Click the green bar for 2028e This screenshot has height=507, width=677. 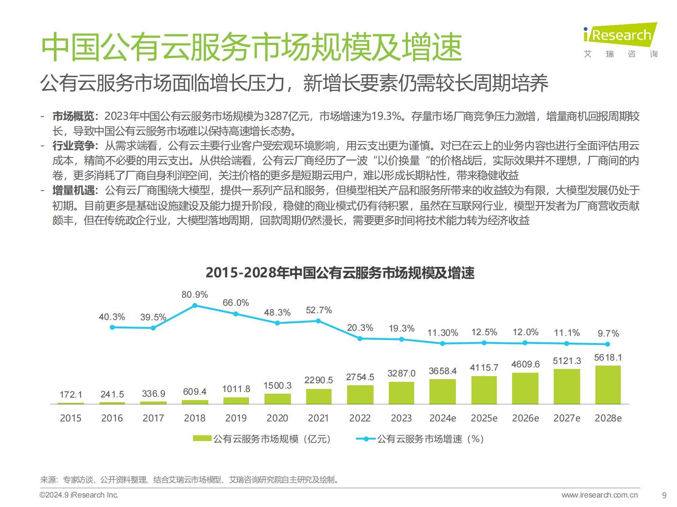pos(608,385)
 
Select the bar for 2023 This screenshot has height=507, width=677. pos(401,393)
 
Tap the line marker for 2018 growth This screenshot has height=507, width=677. pos(195,305)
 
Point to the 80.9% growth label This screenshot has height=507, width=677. pos(195,295)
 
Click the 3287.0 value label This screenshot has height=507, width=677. pos(401,373)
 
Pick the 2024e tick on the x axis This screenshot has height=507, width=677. pos(443,418)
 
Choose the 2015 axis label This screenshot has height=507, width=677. pos(70,418)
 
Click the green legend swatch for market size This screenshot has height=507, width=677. pos(202,439)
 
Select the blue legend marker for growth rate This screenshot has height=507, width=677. pos(366,439)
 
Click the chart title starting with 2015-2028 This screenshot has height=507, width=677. pos(340,273)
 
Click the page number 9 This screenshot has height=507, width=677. pos(664,496)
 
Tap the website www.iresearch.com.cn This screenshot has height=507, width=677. pos(599,496)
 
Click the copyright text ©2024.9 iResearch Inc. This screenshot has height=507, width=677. pos(79,496)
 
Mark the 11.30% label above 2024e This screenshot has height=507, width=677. pos(443,333)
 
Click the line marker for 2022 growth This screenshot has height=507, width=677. pos(360,338)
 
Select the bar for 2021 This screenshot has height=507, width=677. pos(319,396)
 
